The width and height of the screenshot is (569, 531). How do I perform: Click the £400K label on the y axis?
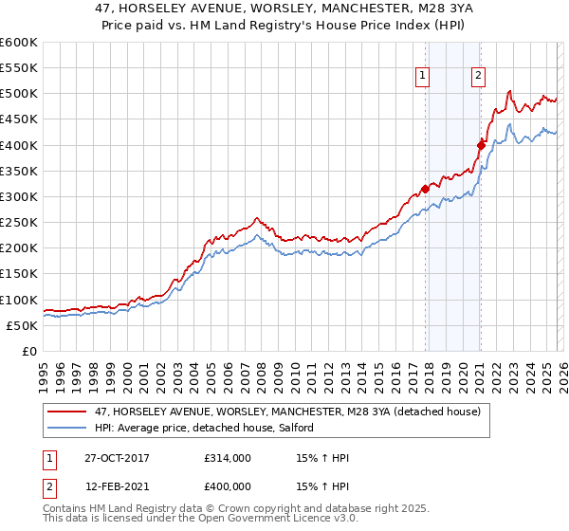pyautogui.click(x=18, y=145)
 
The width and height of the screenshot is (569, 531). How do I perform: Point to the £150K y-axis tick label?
pyautogui.click(x=18, y=274)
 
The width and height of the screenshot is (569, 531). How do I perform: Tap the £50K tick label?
pyautogui.click(x=22, y=325)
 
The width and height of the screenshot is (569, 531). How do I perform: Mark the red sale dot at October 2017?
pyautogui.click(x=425, y=189)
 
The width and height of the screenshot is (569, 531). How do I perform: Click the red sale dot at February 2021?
pyautogui.click(x=481, y=144)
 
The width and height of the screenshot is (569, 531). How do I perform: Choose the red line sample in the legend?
pyautogui.click(x=66, y=412)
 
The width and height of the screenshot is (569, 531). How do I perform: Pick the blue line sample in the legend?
pyautogui.click(x=66, y=428)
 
